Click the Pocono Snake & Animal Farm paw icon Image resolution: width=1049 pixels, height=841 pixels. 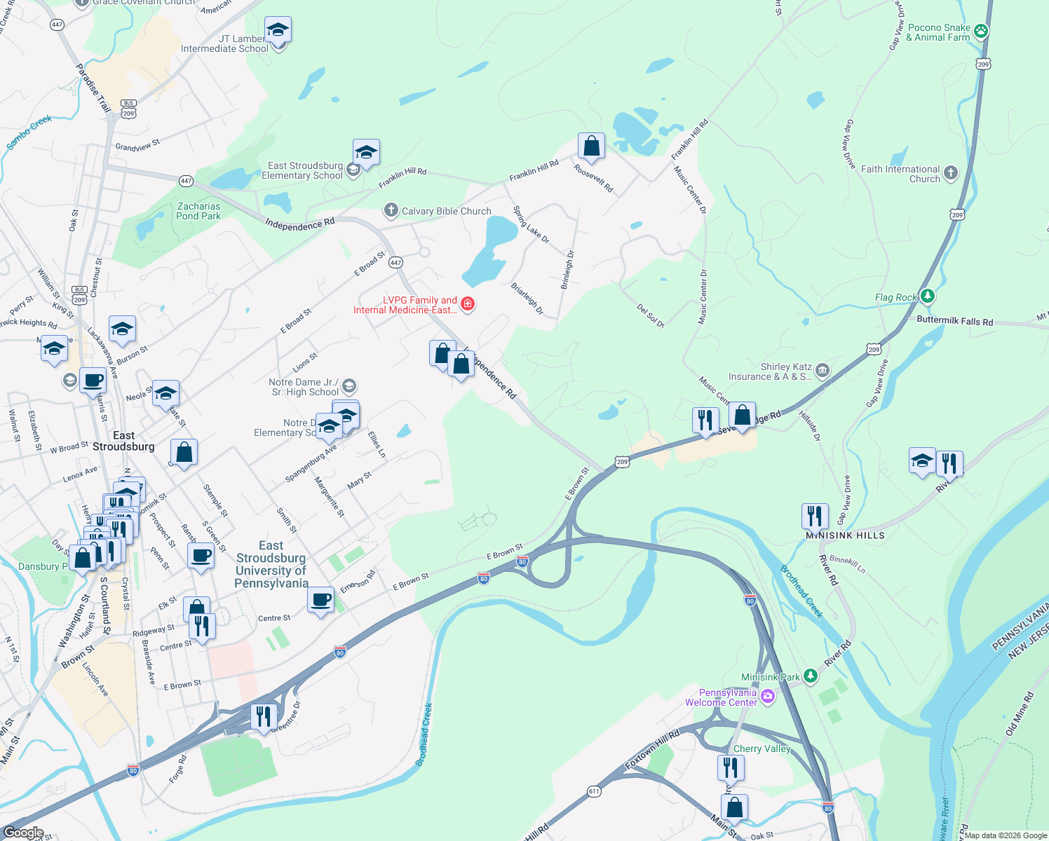click(x=981, y=32)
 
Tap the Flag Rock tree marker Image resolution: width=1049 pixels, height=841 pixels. click(x=928, y=296)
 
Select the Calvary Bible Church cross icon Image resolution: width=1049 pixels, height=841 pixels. click(x=391, y=210)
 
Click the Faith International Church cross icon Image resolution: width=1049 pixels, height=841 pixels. click(x=950, y=173)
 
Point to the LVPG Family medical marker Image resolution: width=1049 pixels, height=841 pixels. click(x=468, y=304)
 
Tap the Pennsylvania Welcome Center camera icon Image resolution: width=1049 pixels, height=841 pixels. click(x=768, y=696)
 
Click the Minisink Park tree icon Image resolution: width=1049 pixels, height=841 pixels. click(x=811, y=676)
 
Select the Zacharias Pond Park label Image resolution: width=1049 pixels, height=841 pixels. click(x=198, y=211)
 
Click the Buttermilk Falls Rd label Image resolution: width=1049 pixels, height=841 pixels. click(x=954, y=321)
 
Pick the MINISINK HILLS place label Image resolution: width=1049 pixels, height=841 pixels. click(x=845, y=535)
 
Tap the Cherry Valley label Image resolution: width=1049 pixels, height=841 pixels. click(x=762, y=748)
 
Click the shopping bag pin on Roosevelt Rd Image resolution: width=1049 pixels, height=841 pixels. click(x=591, y=146)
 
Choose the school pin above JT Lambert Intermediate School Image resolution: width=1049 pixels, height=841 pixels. click(x=278, y=31)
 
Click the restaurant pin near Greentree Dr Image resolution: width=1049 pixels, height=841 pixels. click(x=264, y=716)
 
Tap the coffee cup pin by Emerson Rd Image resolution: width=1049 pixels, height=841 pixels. click(x=321, y=600)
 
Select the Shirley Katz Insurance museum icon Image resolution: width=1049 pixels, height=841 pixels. click(x=823, y=370)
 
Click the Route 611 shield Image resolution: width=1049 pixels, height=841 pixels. click(x=594, y=791)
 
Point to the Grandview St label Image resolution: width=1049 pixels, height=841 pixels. click(x=137, y=145)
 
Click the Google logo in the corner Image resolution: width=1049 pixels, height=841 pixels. click(x=24, y=833)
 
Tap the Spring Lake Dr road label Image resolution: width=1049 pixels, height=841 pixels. click(x=531, y=224)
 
